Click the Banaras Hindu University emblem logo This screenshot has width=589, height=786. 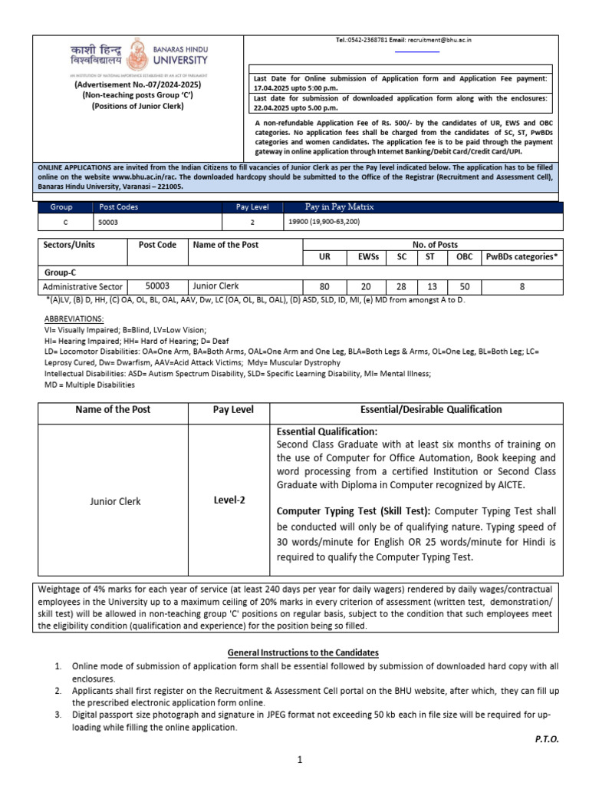[x=139, y=58]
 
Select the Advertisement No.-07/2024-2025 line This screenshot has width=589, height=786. [x=137, y=85]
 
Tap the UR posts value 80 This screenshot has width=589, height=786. [x=325, y=286]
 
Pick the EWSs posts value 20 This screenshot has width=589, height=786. [x=364, y=286]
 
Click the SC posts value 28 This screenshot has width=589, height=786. [x=401, y=286]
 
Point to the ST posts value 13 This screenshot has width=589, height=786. [x=432, y=286]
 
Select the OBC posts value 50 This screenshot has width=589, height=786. [x=465, y=286]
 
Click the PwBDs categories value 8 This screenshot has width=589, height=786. [x=522, y=286]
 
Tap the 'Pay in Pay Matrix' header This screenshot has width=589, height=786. [x=341, y=207]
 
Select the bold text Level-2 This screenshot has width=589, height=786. [x=231, y=500]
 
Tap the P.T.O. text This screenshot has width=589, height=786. [x=547, y=738]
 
